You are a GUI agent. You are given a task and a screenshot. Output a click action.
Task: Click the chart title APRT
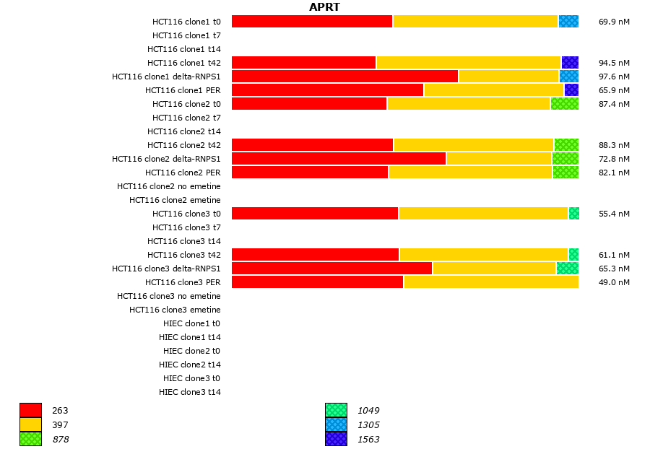tap(324, 7)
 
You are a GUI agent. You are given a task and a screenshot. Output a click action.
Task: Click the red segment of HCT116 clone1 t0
tap(312, 22)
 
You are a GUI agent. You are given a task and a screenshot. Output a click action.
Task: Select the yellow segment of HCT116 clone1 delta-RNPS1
tap(508, 77)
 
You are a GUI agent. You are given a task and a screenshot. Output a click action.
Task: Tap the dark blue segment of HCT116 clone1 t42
tap(570, 63)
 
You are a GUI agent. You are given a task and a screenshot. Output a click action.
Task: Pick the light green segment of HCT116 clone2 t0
tap(564, 104)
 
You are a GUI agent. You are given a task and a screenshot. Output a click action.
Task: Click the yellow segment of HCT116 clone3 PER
tap(491, 282)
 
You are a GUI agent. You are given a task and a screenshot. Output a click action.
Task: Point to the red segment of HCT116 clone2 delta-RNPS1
tap(339, 159)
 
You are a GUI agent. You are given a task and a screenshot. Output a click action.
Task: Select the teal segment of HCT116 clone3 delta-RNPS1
tap(567, 269)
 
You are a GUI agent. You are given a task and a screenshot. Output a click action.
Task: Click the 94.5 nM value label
tap(614, 63)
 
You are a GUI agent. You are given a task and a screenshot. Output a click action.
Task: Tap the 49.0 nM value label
tap(614, 282)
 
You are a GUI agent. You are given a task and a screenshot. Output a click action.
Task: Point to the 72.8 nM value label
tap(614, 159)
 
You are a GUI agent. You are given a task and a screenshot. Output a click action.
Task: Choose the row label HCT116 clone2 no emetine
tap(169, 186)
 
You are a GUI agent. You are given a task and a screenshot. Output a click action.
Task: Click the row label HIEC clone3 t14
tap(190, 392)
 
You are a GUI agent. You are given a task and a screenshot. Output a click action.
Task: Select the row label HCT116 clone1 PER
tap(183, 90)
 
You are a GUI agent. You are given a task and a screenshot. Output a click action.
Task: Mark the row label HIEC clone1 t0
tap(192, 323)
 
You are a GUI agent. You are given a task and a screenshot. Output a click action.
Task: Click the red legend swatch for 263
tap(30, 410)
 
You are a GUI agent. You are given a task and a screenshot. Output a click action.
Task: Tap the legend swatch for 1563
tap(336, 439)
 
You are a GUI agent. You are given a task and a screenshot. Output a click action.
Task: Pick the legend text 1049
tap(368, 410)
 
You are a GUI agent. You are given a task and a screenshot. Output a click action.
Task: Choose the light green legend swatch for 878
tap(30, 439)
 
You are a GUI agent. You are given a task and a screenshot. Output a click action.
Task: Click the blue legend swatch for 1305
tap(336, 424)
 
